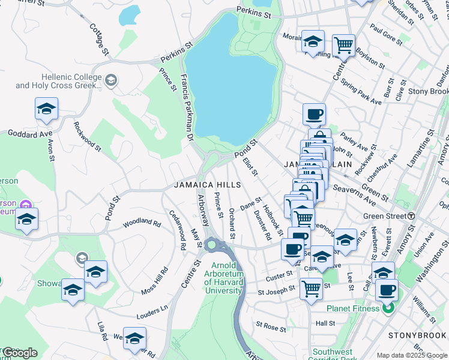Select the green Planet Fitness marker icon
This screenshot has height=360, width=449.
388,309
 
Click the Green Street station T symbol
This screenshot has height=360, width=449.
412,216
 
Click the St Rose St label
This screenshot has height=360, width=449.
271,326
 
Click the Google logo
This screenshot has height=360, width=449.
19,353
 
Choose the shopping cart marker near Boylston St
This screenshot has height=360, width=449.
343,44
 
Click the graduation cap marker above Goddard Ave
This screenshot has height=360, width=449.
46,110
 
